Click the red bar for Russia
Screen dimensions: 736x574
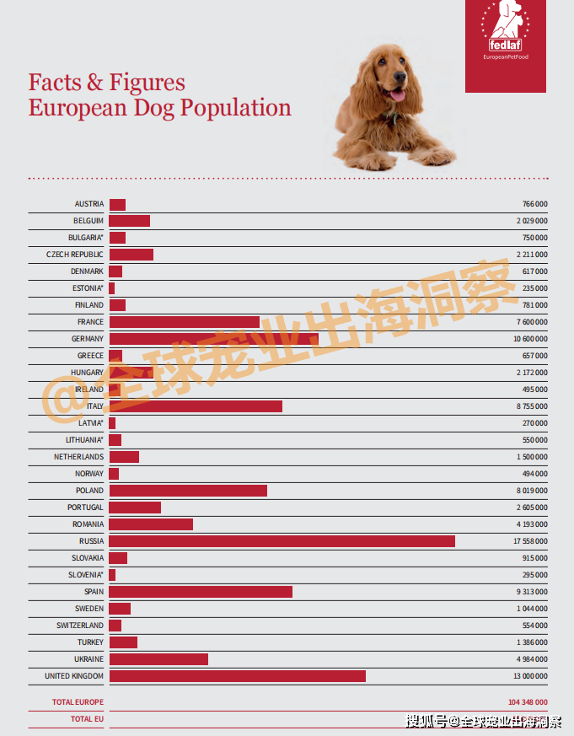tap(282, 541)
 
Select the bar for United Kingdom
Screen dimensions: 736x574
tap(237, 676)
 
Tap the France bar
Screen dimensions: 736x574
tap(184, 322)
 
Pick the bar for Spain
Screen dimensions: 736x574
tap(201, 592)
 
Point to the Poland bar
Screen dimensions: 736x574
tap(188, 491)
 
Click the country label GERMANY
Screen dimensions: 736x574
tap(88, 339)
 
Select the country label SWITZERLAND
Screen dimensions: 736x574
tap(80, 626)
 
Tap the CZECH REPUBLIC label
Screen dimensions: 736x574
tap(75, 255)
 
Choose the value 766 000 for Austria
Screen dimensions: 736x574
tap(534, 204)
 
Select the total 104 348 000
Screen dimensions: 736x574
tap(528, 702)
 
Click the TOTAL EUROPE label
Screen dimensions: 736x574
tap(78, 702)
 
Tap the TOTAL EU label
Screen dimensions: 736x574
tap(87, 719)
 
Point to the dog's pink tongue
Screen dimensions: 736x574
tap(396, 95)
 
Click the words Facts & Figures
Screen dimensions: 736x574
tap(107, 83)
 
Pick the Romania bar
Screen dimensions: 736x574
tap(151, 524)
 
